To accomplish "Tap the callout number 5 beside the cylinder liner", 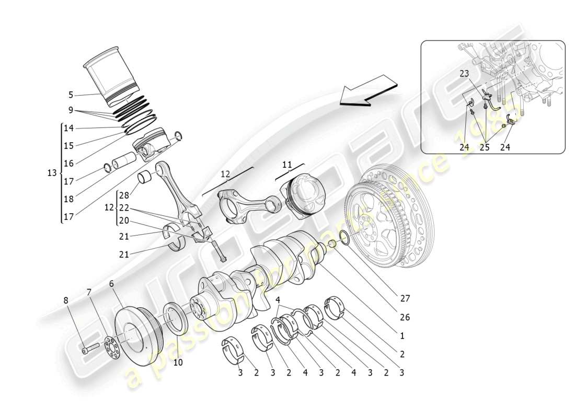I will (71, 95).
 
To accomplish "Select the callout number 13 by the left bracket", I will (52, 173).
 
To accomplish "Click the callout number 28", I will (123, 195).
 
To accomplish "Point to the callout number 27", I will (405, 299).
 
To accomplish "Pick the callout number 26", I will (405, 317).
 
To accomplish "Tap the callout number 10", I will (178, 362).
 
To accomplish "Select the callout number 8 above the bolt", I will (66, 300).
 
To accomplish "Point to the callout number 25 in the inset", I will (485, 147).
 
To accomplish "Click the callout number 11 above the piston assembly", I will (287, 165).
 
